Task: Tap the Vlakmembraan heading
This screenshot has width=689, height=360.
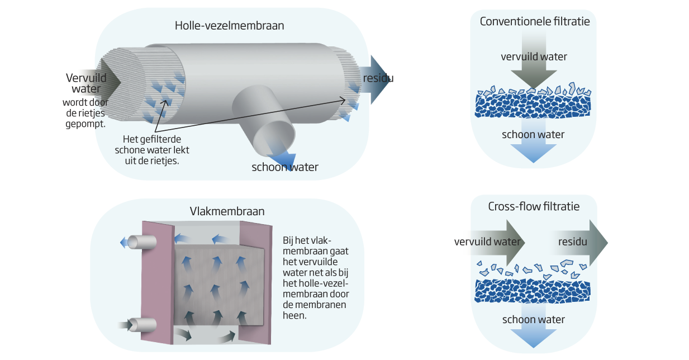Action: [x=227, y=212]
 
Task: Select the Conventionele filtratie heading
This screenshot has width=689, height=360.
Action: [x=534, y=21]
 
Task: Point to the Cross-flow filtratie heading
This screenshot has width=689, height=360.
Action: [x=534, y=206]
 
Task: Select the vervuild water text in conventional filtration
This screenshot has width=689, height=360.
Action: [x=534, y=56]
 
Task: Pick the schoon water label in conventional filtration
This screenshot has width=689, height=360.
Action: [x=533, y=135]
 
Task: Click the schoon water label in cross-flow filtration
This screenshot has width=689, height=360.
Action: [x=533, y=320]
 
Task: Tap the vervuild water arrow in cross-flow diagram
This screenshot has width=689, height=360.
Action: [x=488, y=242]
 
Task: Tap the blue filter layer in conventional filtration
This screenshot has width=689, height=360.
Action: [x=533, y=105]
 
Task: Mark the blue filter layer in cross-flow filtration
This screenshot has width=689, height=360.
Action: [x=533, y=290]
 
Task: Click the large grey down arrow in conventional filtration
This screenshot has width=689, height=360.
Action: [x=534, y=61]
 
